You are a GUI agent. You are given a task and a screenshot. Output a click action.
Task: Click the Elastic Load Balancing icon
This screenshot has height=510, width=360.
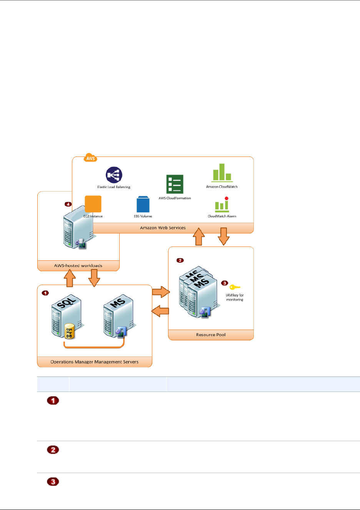click(x=114, y=175)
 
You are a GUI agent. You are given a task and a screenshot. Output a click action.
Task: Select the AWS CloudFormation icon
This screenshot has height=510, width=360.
click(x=175, y=184)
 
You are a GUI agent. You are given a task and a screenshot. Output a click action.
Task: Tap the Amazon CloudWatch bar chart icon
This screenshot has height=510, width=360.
click(x=222, y=172)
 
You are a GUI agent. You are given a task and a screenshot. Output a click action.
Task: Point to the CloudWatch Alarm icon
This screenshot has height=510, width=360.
click(x=222, y=205)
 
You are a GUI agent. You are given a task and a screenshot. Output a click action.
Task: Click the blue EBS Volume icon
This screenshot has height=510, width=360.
click(x=143, y=204)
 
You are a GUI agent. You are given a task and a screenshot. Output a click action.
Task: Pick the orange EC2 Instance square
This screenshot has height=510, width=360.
click(x=93, y=204)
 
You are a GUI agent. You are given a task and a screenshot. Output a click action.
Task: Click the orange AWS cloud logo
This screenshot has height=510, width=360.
click(x=90, y=158)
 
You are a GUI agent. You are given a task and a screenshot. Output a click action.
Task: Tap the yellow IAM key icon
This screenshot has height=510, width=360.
click(x=235, y=287)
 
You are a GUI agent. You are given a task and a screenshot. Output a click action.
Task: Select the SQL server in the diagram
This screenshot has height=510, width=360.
click(x=66, y=316)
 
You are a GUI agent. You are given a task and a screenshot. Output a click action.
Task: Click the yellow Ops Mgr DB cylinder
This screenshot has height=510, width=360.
click(x=69, y=332)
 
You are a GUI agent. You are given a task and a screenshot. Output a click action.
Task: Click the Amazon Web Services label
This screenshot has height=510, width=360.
click(x=163, y=228)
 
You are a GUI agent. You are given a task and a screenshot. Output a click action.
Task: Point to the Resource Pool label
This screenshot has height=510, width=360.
click(x=211, y=335)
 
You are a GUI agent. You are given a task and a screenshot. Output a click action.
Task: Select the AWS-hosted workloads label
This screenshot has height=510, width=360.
click(x=78, y=265)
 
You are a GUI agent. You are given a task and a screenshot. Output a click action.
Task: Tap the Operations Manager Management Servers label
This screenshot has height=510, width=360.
click(x=94, y=362)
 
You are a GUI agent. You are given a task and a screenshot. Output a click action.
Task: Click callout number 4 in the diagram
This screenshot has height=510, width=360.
click(x=68, y=204)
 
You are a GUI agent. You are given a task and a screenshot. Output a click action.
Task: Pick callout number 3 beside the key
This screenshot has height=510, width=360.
click(x=225, y=283)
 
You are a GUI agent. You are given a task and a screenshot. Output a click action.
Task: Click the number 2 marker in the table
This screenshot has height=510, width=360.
click(x=53, y=449)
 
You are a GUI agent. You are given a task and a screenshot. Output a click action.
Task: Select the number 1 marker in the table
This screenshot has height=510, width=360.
click(x=53, y=401)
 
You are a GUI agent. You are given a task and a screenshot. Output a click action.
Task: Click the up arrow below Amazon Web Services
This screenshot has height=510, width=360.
click(x=198, y=237)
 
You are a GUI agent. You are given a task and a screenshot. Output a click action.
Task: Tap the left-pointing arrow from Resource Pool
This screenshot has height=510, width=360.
click(x=160, y=311)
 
